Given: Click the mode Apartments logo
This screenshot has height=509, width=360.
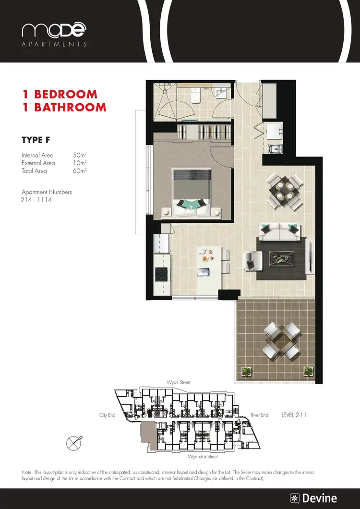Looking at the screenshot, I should (x=54, y=34).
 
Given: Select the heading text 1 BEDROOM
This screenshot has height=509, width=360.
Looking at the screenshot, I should (x=60, y=94).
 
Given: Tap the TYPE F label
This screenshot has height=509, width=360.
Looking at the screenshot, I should (x=36, y=140).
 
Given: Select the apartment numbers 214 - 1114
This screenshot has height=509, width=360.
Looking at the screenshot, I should (x=36, y=200).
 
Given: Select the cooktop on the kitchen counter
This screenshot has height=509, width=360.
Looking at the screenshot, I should (x=160, y=275).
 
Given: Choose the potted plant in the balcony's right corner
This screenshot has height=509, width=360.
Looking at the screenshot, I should (x=308, y=370).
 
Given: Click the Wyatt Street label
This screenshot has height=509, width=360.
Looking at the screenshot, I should (x=178, y=382).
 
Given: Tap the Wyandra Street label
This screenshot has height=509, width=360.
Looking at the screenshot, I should (x=203, y=457).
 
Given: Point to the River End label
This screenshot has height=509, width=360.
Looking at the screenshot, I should (x=259, y=415).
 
